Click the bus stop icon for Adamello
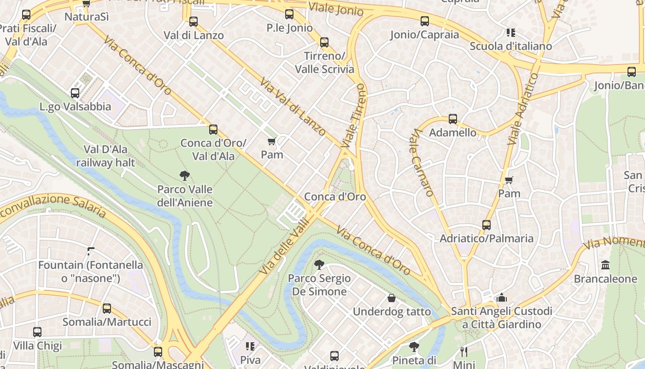452,119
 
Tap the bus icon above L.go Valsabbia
75,93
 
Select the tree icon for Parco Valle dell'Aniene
185,176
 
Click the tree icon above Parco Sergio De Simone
318,265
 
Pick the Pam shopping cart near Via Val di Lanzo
272,141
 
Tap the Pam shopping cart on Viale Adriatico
509,180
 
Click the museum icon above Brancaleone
605,266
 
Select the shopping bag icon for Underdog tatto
392,298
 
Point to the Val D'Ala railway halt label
106,156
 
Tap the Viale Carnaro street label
423,162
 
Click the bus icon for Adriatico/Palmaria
486,225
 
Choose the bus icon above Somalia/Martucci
107,309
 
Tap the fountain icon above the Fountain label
91,251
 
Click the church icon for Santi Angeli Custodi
502,298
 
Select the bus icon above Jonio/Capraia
424,21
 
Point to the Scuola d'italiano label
510,46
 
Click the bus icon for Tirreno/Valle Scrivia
324,42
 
